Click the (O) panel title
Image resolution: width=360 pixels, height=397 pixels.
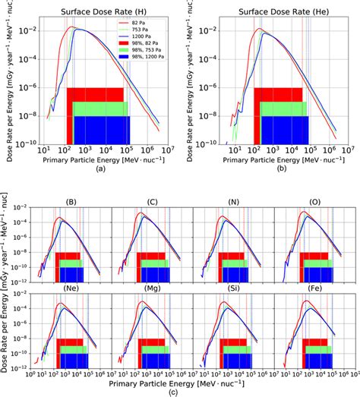click(316, 203)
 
